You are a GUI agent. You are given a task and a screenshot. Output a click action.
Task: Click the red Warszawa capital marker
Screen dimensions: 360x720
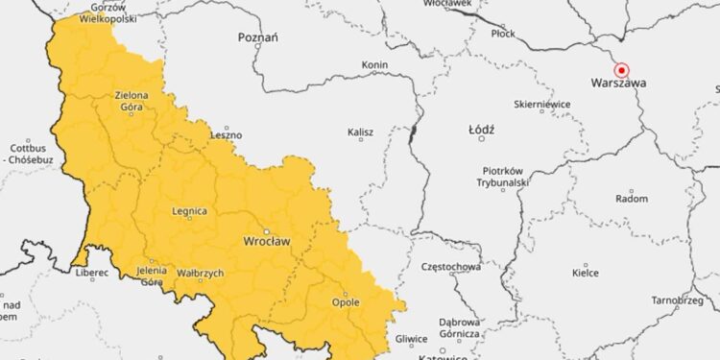click(x=621, y=69)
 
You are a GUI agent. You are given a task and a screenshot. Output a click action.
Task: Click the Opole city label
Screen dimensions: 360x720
click(x=345, y=302)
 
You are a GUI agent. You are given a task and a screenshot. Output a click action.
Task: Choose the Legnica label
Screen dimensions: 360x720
click(x=188, y=210)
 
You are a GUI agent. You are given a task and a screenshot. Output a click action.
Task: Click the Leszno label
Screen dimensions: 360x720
click(x=227, y=135)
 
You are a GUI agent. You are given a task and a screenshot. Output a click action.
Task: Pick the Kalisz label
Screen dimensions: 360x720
click(x=361, y=132)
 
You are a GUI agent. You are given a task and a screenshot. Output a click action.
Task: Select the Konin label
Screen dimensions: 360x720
click(x=373, y=64)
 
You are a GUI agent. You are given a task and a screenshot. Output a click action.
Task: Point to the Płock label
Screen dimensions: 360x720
click(x=503, y=34)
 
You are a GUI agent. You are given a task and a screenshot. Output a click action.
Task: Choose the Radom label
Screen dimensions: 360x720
click(x=631, y=199)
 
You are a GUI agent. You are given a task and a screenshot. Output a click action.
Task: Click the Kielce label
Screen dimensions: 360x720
click(x=586, y=273)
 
